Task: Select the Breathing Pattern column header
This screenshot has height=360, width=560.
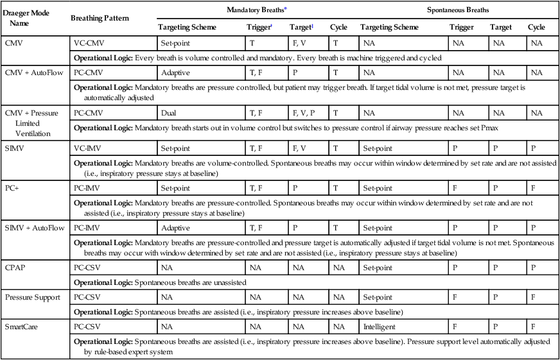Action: (x=100, y=17)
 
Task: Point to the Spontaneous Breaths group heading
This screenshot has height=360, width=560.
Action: (x=458, y=10)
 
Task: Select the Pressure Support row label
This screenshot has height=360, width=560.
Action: (x=32, y=297)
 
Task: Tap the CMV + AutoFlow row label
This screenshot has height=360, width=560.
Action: (x=33, y=72)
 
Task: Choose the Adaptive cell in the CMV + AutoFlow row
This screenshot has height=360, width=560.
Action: (x=175, y=72)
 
